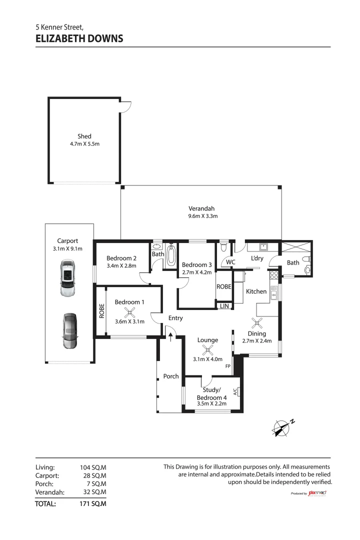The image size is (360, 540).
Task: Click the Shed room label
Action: pos(84,136)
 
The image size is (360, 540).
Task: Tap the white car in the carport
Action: pos(66,278)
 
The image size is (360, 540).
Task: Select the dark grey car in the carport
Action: pos(68,331)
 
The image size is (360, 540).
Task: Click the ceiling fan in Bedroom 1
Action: pos(129,313)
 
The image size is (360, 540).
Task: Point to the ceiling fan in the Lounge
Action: pos(207,349)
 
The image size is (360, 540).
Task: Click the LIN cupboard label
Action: pos(223,305)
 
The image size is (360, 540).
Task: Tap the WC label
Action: pos(230,262)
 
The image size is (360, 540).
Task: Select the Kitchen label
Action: pos(256,291)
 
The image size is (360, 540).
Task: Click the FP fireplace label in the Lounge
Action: pos(228,366)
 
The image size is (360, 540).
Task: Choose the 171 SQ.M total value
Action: pos(93,504)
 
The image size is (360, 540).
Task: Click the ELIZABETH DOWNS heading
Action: pos(79,38)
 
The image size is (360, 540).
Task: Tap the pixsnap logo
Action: pos(317,493)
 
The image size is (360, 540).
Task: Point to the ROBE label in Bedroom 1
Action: pos(101,311)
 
